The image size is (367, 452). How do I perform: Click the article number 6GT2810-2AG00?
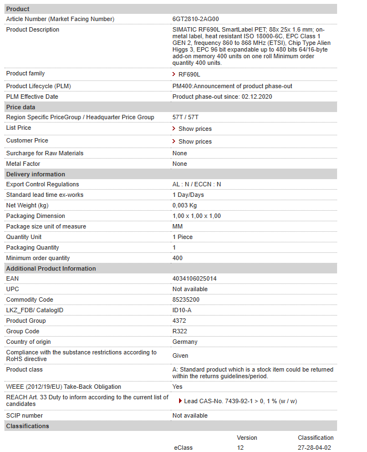(x=195, y=19)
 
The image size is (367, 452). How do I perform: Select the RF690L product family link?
(x=189, y=74)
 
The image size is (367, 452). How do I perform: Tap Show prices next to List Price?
(x=195, y=129)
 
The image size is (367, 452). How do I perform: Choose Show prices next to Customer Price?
(x=195, y=141)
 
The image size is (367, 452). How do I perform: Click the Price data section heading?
(x=21, y=107)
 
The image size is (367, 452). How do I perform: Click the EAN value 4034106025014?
(x=194, y=278)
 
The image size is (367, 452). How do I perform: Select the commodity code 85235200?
(x=186, y=299)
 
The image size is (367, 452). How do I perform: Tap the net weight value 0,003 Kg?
(x=185, y=205)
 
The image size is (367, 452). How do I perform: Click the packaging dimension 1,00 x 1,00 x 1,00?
(x=196, y=216)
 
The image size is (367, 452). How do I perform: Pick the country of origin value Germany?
(x=185, y=342)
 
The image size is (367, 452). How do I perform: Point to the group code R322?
(x=180, y=331)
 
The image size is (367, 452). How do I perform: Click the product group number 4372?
(x=179, y=321)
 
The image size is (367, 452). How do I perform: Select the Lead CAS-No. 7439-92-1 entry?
(x=240, y=401)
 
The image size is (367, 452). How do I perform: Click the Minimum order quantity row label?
(x=38, y=258)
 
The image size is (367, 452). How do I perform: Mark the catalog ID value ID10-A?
(x=182, y=310)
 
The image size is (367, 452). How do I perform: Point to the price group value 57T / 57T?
(x=186, y=117)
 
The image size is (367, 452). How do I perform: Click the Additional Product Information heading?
(x=51, y=268)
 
